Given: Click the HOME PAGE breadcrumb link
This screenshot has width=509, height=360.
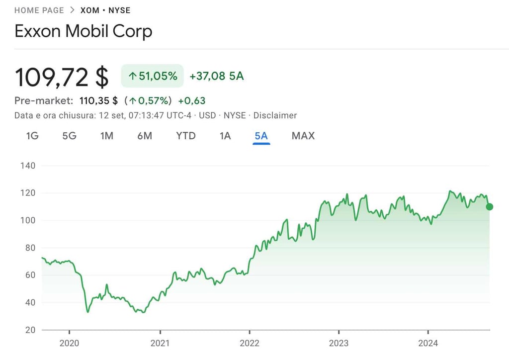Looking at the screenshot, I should point(39,10).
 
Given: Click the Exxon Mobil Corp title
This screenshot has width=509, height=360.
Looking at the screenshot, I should point(84,31).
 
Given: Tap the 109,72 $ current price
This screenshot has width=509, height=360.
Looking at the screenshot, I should point(62,77).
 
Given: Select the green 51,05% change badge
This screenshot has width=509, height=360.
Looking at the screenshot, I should point(153,76).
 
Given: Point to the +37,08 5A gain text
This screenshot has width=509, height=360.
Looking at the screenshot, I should point(217,76).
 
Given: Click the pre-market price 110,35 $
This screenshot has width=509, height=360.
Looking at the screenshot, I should point(98,101).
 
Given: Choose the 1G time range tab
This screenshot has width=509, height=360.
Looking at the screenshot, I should point(32,136).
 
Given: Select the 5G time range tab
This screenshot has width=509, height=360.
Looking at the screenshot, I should point(69,136).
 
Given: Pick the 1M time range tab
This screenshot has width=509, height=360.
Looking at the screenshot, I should point(107,136).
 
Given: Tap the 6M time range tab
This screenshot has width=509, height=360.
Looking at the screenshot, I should point(145,136).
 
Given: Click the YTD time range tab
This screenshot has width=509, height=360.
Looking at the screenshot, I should point(186,136).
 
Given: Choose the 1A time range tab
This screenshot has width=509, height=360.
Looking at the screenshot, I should point(225,136).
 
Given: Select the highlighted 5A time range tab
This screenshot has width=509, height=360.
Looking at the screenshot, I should point(261,136).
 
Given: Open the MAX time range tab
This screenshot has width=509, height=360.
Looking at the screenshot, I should point(303,136).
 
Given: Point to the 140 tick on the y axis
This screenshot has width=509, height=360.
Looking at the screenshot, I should point(28,166).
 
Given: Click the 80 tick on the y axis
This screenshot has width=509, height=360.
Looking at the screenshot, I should point(31,248).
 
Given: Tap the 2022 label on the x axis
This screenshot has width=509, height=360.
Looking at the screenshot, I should point(250,343).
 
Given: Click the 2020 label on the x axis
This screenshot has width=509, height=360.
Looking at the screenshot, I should point(69,343).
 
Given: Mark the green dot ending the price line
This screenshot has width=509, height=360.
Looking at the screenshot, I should point(490,206).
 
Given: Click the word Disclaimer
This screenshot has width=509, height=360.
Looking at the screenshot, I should point(275,115).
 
